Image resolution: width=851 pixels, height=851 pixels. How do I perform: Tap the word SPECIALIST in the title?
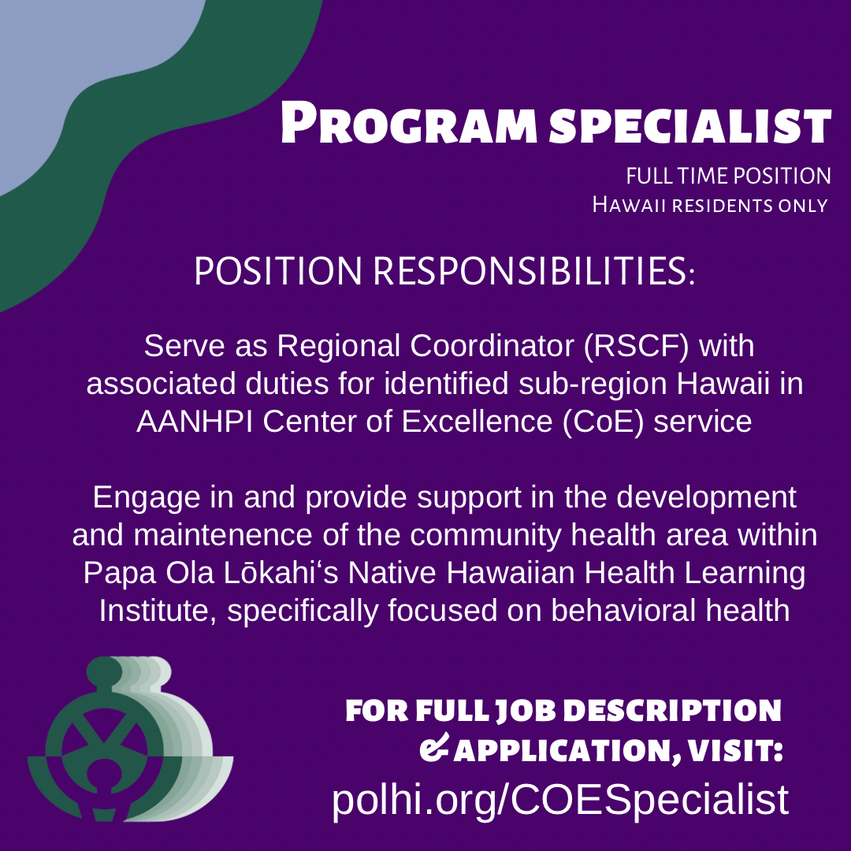[x=689, y=125]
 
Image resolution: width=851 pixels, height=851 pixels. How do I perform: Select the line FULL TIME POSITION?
[x=728, y=176]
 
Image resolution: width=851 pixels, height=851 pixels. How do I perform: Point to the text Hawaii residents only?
[x=709, y=205]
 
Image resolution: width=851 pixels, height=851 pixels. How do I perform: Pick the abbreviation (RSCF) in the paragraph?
[x=636, y=346]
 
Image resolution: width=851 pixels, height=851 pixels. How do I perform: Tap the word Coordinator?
[x=492, y=346]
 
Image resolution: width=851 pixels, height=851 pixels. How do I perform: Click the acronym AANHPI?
[x=195, y=422]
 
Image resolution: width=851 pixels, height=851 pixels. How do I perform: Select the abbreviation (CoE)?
[x=603, y=422]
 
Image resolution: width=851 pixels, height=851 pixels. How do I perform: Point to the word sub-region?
[x=593, y=385]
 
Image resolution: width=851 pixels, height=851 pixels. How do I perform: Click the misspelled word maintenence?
[x=222, y=535]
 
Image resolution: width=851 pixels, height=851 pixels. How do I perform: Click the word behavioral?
[x=623, y=611]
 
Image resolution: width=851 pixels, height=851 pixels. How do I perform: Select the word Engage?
[x=147, y=498]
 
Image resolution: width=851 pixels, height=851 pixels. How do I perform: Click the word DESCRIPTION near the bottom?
[x=673, y=711]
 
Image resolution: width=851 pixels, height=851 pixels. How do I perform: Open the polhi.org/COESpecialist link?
[x=560, y=800]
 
